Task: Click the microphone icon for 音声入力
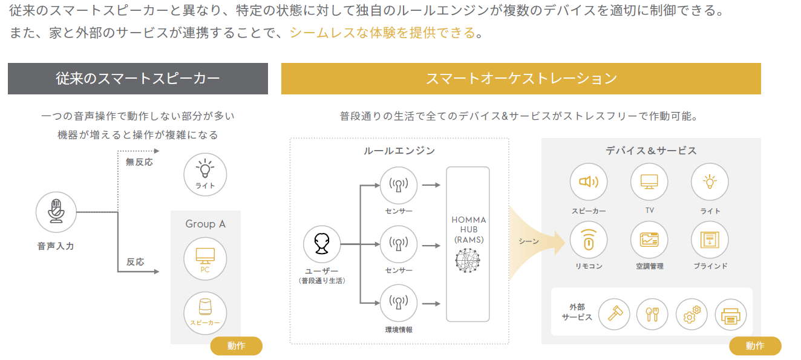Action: pyautogui.click(x=56, y=212)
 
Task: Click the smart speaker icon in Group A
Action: pyautogui.click(x=205, y=309)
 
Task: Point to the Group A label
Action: pyautogui.click(x=205, y=224)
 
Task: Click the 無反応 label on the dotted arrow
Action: pyautogui.click(x=139, y=162)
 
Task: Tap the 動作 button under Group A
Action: pyautogui.click(x=236, y=346)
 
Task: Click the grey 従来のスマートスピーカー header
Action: pyautogui.click(x=138, y=79)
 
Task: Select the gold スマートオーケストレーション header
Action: pyautogui.click(x=521, y=79)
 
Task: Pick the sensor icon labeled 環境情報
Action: pyautogui.click(x=399, y=302)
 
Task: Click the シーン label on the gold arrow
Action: pyautogui.click(x=528, y=241)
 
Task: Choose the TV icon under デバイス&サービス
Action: pyautogui.click(x=649, y=182)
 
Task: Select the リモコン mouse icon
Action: pyautogui.click(x=589, y=240)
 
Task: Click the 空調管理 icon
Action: pyautogui.click(x=649, y=240)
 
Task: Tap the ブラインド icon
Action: pyautogui.click(x=710, y=240)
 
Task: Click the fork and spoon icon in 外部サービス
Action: pyautogui.click(x=653, y=315)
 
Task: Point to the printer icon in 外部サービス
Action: pyautogui.click(x=731, y=315)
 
